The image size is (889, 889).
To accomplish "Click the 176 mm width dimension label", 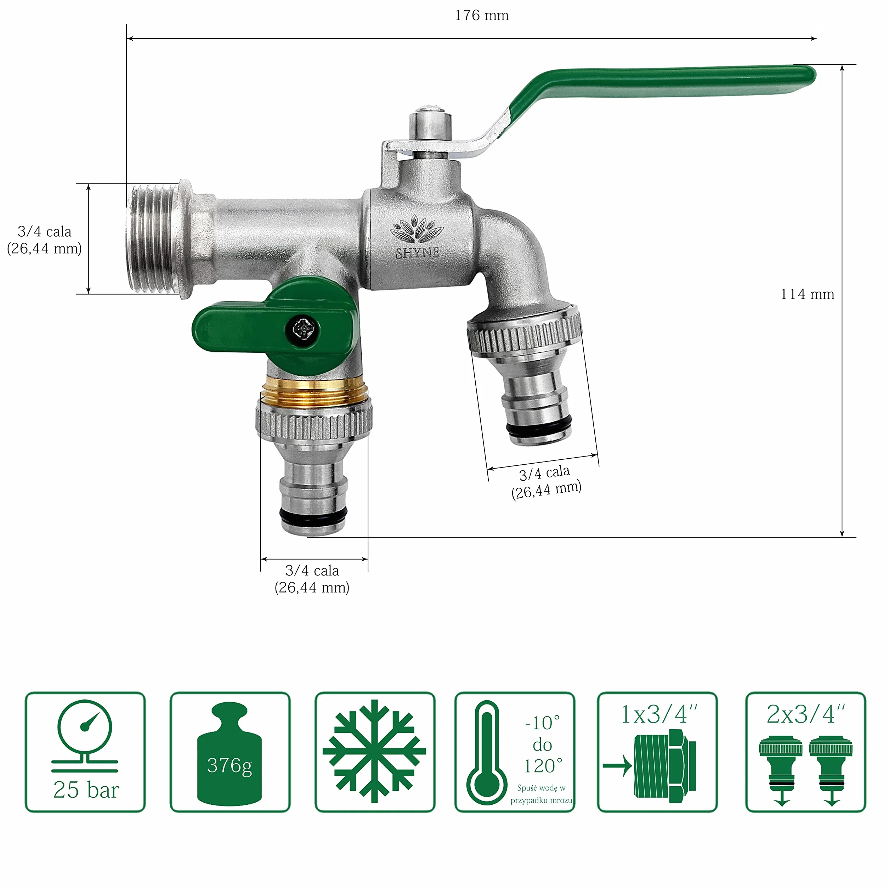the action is pyautogui.click(x=482, y=16).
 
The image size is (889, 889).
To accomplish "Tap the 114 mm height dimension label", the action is pyautogui.click(x=807, y=294).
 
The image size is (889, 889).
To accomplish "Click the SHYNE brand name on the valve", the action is pyautogui.click(x=417, y=253).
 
